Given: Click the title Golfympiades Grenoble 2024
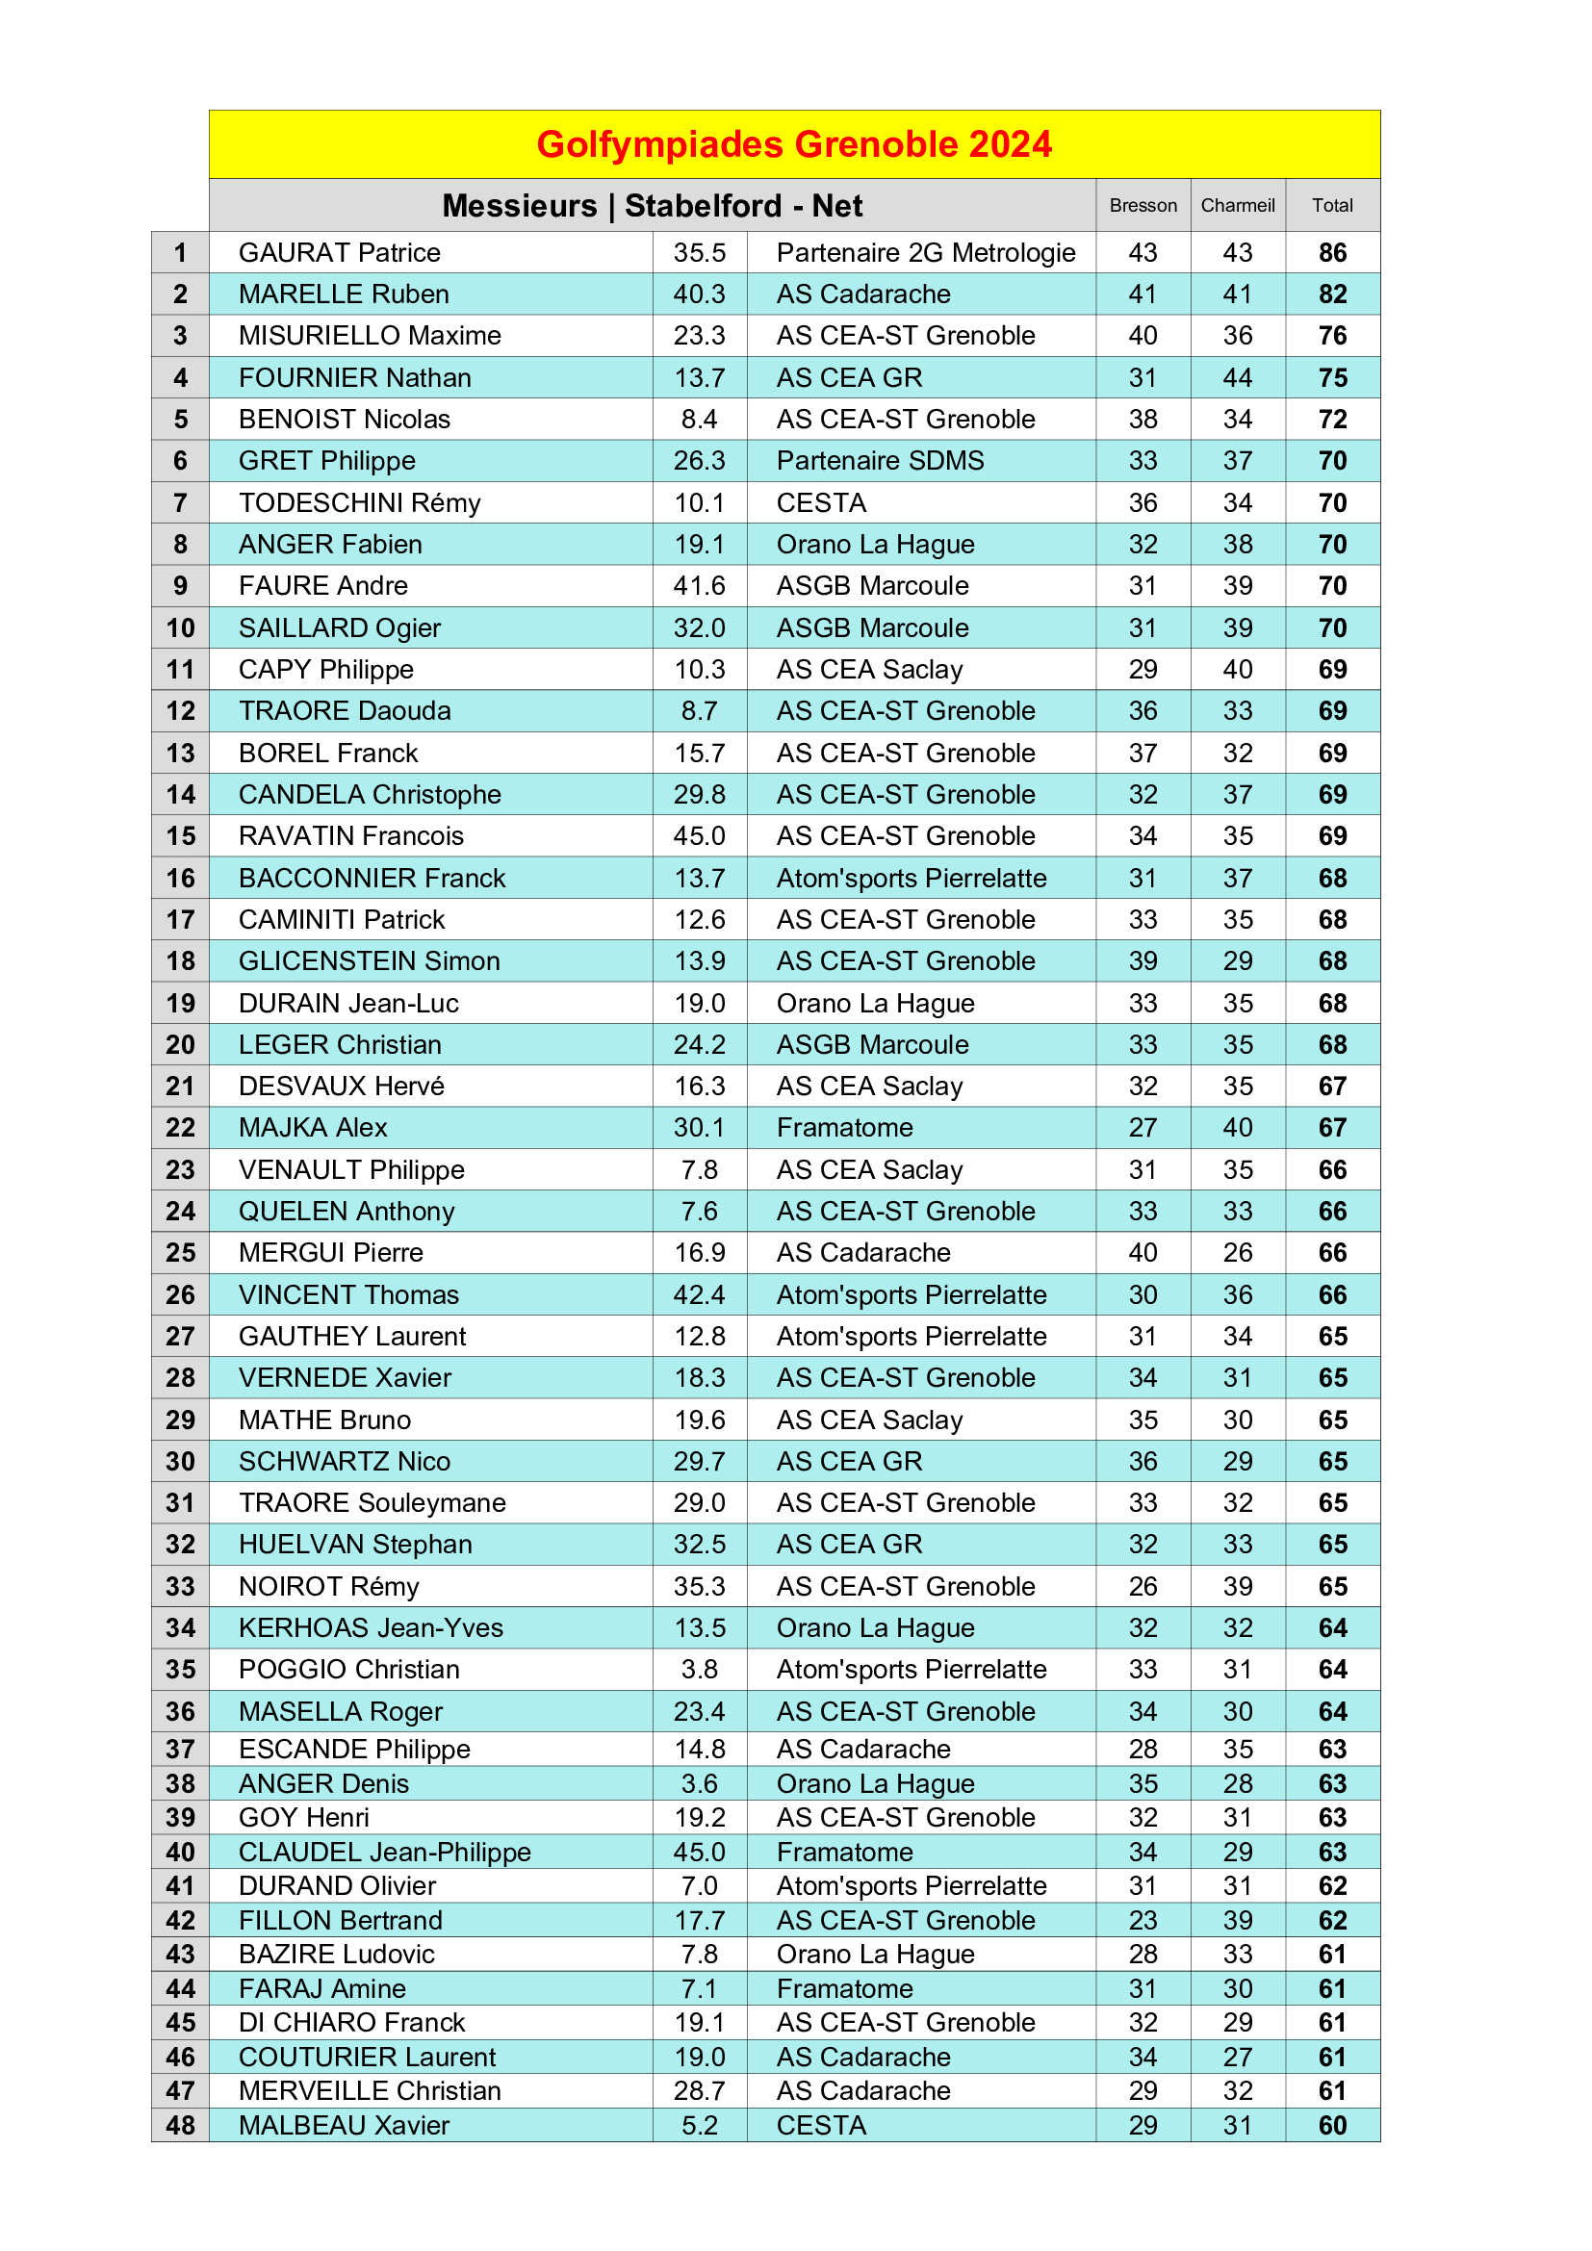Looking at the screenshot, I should [794, 144].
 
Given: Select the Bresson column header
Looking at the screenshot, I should [1143, 206].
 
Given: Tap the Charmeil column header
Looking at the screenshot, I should [1237, 206].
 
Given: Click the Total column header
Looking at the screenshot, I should [1332, 206].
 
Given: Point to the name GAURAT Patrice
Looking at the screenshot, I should [339, 253].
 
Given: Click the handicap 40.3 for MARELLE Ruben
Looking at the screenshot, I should [699, 294].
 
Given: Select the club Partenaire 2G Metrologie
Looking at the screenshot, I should [925, 253].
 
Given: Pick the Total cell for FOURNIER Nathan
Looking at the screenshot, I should [1332, 377].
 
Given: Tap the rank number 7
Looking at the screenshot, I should [180, 503].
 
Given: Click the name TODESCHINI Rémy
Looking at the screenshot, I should [360, 503].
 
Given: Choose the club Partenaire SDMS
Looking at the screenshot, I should [881, 461].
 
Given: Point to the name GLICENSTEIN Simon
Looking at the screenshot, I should [370, 960].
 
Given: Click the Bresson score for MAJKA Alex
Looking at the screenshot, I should [1143, 1128].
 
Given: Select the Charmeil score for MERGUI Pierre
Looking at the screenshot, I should [1237, 1253].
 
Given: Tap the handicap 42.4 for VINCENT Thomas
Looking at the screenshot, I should [699, 1295].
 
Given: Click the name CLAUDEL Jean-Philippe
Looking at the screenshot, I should [384, 1852].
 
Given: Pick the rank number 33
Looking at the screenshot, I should [180, 1586].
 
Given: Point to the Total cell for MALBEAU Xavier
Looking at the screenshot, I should [1332, 2126].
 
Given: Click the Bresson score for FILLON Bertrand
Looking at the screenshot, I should [1143, 1921].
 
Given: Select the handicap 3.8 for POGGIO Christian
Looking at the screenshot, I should [699, 1670].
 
